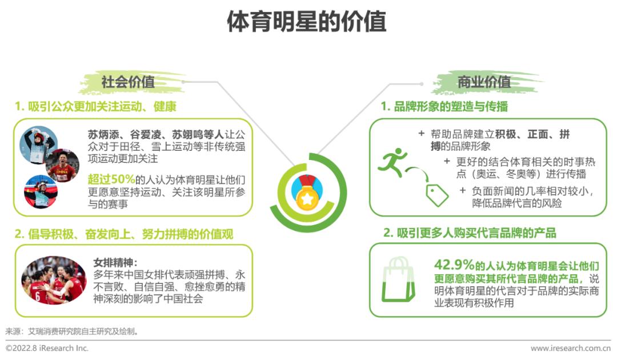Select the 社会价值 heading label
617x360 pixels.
click(128, 82)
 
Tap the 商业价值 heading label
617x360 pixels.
click(484, 82)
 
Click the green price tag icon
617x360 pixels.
click(437, 194)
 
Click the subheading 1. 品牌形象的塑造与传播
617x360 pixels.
click(444, 107)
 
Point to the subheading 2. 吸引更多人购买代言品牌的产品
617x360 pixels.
click(469, 233)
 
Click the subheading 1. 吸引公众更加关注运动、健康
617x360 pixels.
click(95, 107)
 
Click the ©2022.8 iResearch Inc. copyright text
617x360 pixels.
click(47, 348)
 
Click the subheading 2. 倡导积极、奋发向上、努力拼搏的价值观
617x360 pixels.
click(124, 234)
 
